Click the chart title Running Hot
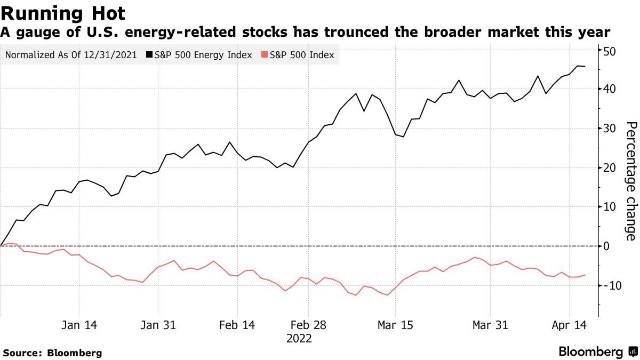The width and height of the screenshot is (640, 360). (x=63, y=13)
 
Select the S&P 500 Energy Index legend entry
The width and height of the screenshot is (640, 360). (x=203, y=55)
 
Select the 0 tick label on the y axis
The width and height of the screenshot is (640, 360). (x=607, y=246)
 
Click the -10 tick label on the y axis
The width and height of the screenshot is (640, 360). (x=608, y=285)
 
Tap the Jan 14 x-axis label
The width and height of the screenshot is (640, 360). (x=79, y=325)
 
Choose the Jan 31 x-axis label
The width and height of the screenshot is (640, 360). (x=158, y=325)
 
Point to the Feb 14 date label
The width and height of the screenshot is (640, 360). (x=237, y=325)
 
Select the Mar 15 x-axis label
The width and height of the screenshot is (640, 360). (x=395, y=325)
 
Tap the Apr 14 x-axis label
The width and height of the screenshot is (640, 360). (x=569, y=325)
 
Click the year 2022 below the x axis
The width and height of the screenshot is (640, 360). (x=299, y=339)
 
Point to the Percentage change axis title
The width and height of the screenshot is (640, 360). (x=631, y=181)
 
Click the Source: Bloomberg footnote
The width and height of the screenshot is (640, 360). (x=52, y=353)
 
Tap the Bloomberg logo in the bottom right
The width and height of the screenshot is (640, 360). (x=597, y=352)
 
